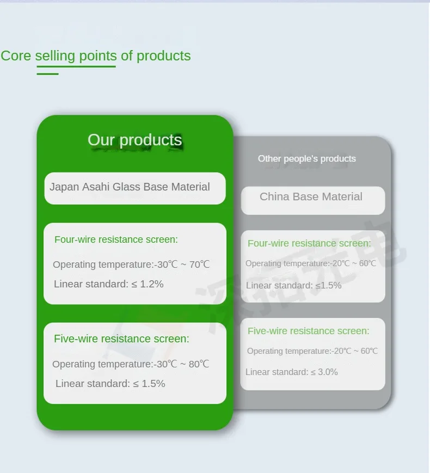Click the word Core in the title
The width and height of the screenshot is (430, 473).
[x=16, y=56]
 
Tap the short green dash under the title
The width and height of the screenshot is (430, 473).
[x=48, y=74]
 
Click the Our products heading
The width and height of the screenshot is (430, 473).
[x=135, y=140]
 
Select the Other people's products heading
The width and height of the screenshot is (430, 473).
[x=307, y=159]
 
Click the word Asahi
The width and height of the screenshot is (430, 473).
[x=96, y=187]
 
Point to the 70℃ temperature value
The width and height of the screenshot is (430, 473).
[x=199, y=265]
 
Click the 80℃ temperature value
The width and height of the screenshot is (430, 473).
[x=199, y=364]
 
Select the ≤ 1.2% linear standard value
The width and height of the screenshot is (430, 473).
[x=148, y=284]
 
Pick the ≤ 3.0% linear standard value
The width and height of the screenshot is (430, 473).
[x=324, y=372]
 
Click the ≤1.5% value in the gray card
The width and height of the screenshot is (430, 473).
[x=328, y=285]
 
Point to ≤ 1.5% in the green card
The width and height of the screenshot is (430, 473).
[x=149, y=384]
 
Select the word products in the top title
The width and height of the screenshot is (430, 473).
[x=163, y=57]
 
